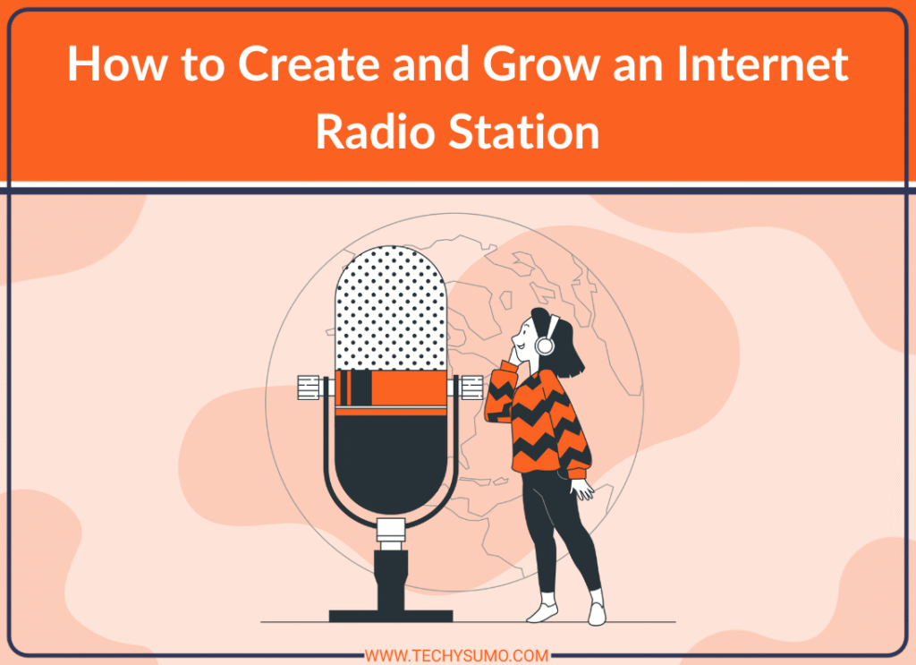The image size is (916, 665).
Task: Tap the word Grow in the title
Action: [x=541, y=64]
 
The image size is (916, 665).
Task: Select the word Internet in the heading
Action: [x=762, y=64]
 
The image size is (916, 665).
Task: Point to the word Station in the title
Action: [x=523, y=132]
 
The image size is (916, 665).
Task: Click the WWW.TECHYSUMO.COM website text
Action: [x=457, y=656]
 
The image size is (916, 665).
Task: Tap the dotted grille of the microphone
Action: [x=391, y=308]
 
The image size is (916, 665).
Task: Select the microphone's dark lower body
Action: [x=391, y=463]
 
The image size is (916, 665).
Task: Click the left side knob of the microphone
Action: [x=309, y=388]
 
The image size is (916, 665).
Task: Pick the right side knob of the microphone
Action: [x=472, y=388]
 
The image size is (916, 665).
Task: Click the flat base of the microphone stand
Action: [x=391, y=616]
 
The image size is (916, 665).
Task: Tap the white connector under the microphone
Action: [x=391, y=533]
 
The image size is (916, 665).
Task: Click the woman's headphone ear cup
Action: [x=545, y=345]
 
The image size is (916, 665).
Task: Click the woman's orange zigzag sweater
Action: [x=538, y=423]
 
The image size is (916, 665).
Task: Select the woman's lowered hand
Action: [x=581, y=489]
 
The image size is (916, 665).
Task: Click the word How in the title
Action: [x=117, y=64]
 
